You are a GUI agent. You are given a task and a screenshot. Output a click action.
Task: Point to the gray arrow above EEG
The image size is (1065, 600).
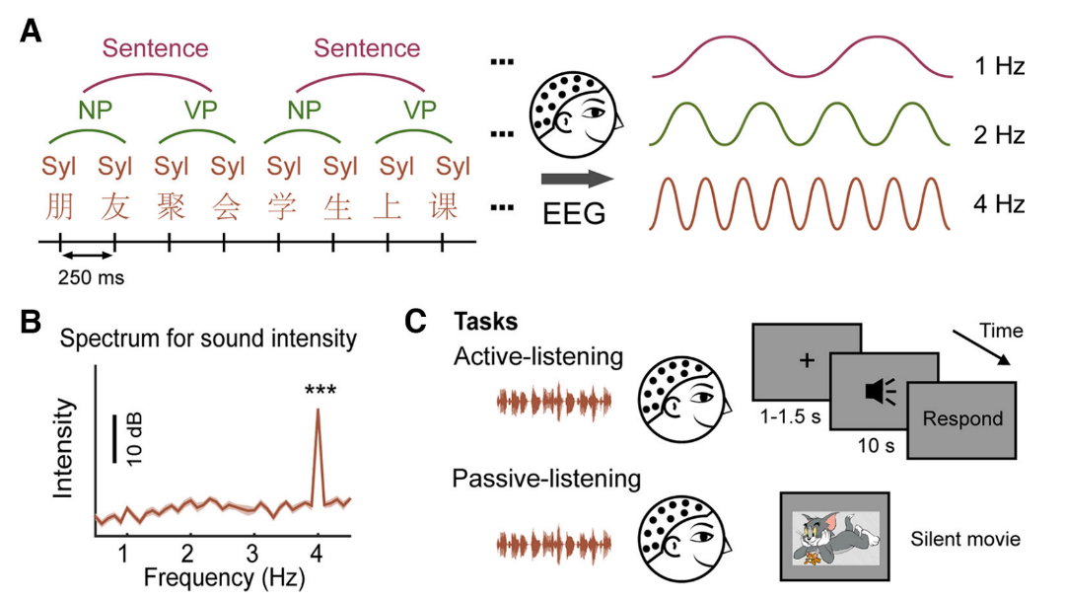coord(577,179)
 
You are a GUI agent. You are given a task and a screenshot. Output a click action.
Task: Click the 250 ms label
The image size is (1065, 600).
coord(91,278)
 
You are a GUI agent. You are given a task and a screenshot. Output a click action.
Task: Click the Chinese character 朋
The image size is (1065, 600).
coord(59,206)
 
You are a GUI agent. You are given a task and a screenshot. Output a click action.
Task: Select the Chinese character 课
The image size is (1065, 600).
coord(454,206)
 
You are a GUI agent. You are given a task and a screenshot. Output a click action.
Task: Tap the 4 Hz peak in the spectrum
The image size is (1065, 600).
coord(318,412)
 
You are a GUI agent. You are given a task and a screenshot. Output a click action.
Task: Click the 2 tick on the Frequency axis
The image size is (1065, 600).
coord(186,549)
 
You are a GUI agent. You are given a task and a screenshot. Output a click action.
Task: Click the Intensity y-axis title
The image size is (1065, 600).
coord(65,446)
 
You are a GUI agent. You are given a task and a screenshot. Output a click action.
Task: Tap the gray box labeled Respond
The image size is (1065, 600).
coord(962,418)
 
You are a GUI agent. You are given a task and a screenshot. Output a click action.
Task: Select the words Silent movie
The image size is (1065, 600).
coord(965,539)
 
